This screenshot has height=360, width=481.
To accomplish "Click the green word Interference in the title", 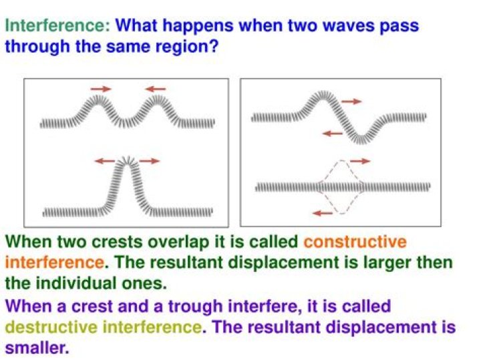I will point(57,27).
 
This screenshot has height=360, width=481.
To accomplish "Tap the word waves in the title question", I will point(321,27).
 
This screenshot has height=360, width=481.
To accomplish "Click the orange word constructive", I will point(355,242).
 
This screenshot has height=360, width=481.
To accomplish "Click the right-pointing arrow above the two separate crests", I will point(102,88).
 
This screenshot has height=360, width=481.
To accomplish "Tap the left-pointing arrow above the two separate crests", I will point(156,88).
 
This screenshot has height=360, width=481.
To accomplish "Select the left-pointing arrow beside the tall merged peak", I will point(105,161).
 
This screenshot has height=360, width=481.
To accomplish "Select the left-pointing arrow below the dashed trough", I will point(323,213).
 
